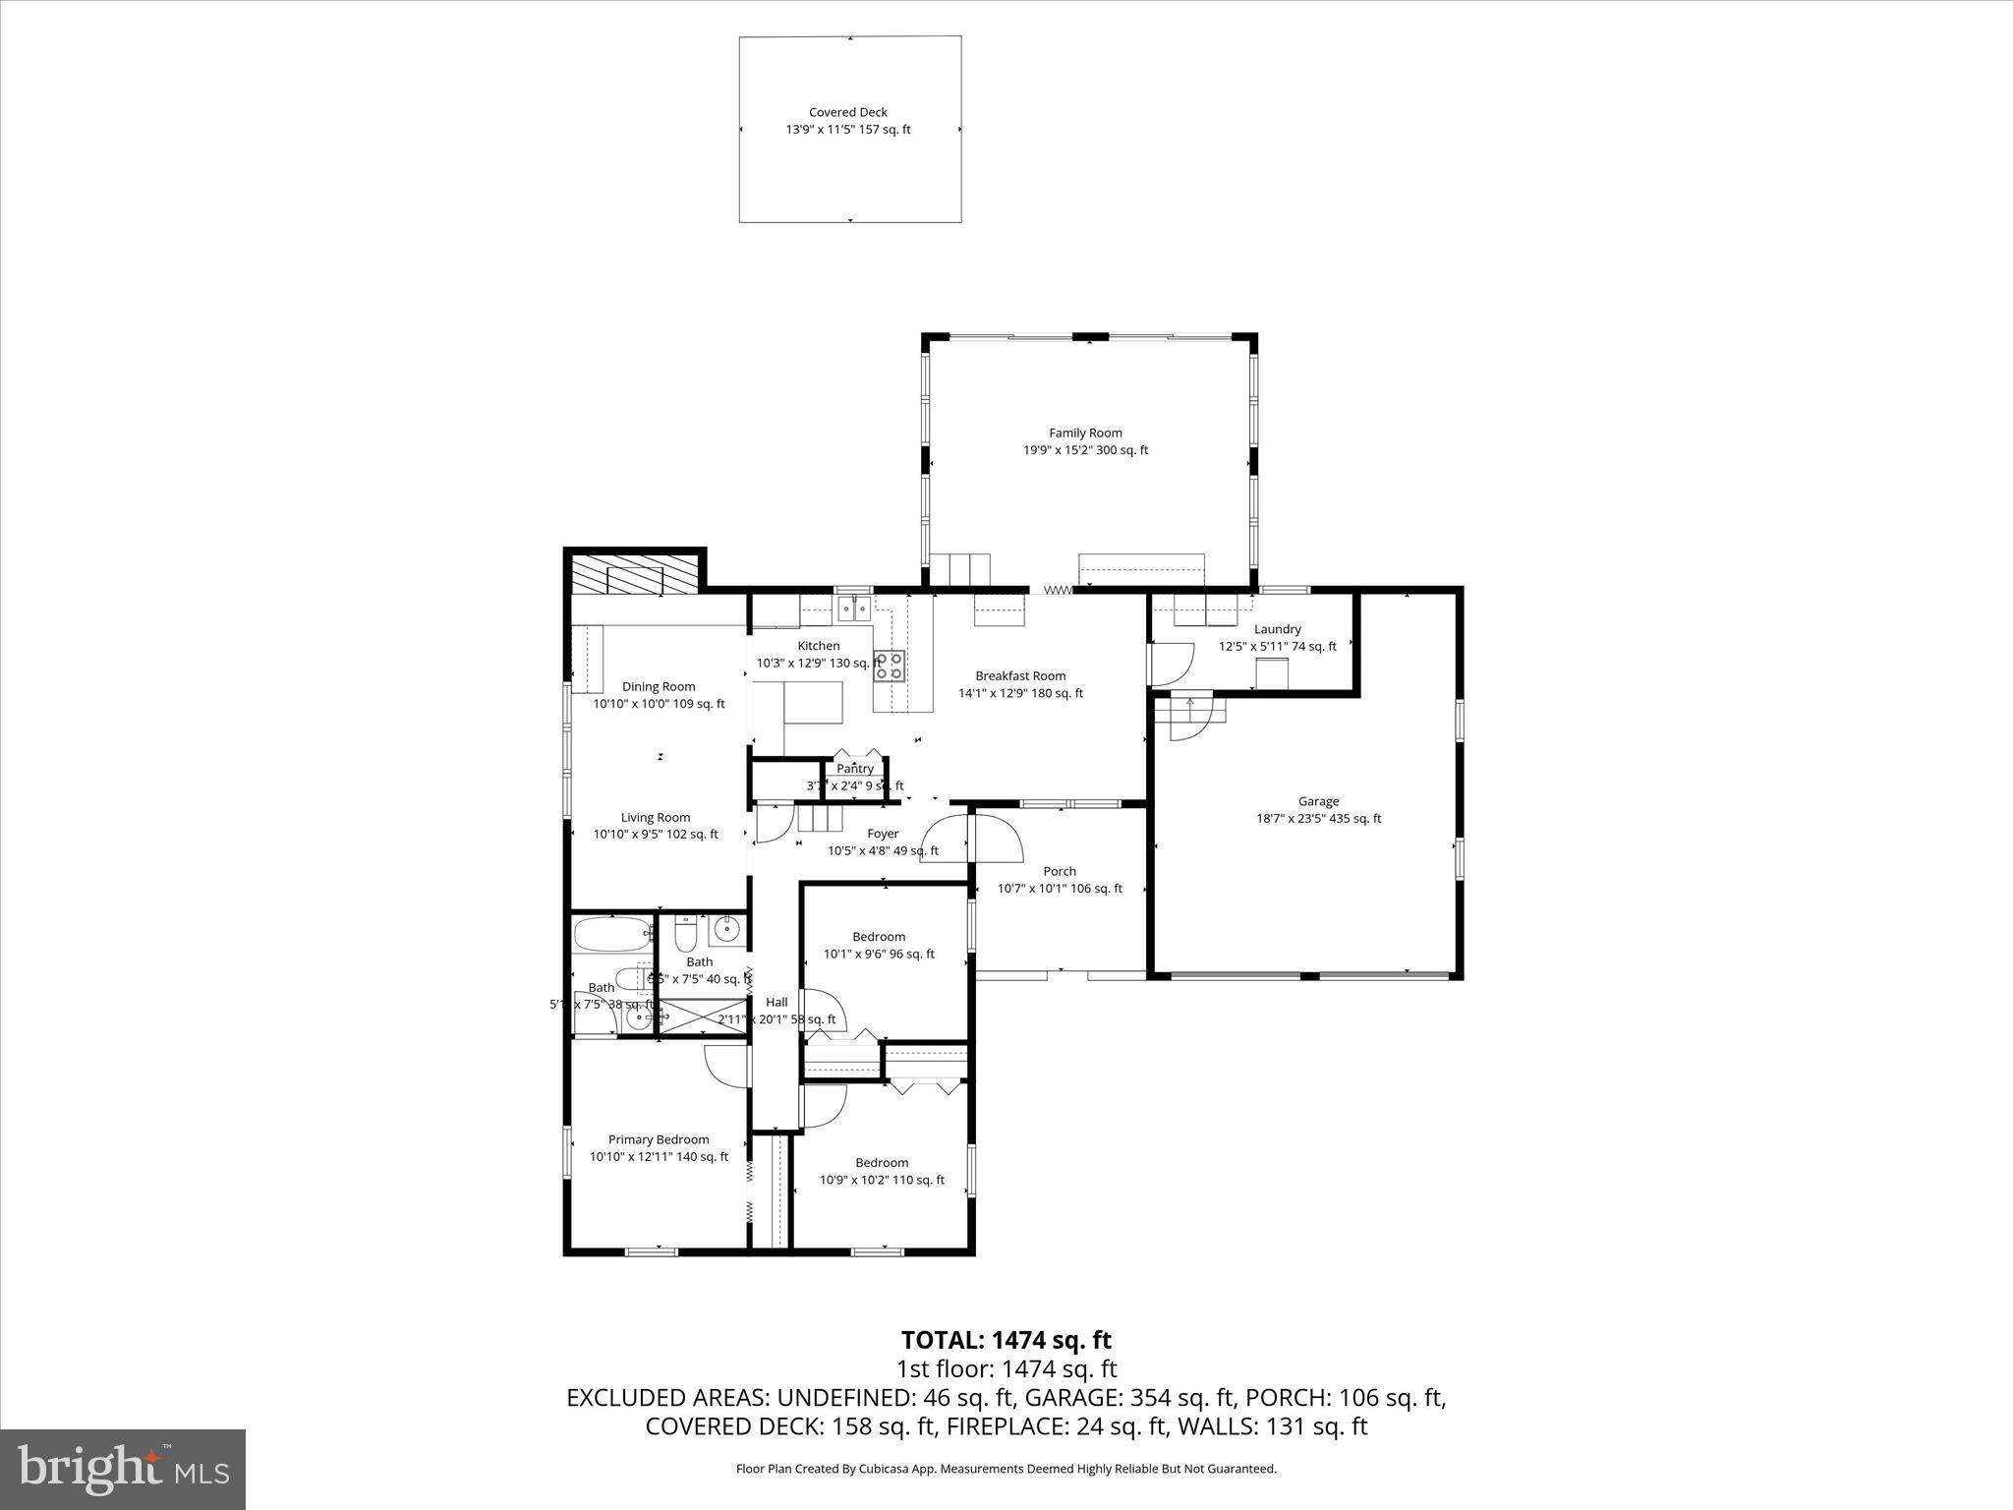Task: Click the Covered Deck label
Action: [848, 112]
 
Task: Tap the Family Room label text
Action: [1085, 433]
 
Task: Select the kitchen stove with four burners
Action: [889, 667]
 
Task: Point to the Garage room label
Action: [1318, 801]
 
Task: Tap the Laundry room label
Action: [1278, 629]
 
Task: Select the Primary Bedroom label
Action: [659, 1139]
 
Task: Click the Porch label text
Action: [1060, 871]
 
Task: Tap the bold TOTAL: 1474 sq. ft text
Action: [1006, 1340]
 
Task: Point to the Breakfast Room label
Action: [1020, 675]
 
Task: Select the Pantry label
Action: [855, 769]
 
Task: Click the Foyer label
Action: [883, 834]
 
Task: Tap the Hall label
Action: [776, 1002]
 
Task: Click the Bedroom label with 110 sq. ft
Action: [882, 1162]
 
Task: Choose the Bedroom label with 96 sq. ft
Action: [879, 937]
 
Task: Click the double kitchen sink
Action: [853, 610]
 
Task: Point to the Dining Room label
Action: [659, 686]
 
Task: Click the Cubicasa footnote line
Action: [1006, 1469]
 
